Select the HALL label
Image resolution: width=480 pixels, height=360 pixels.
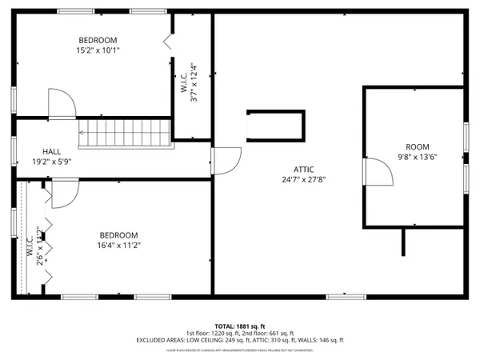(52, 150)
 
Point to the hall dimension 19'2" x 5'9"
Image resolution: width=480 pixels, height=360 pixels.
(52, 161)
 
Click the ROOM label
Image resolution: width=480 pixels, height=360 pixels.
(417, 147)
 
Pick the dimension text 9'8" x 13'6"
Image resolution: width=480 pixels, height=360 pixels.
(417, 158)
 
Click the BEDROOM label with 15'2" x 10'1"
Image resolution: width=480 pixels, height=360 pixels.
(98, 40)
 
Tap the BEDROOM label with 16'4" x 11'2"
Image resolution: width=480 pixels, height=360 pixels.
(118, 234)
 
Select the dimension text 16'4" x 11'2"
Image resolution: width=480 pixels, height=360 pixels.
(118, 245)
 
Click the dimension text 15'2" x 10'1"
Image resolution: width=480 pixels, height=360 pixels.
(98, 50)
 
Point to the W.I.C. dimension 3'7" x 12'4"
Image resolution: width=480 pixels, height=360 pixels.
(193, 83)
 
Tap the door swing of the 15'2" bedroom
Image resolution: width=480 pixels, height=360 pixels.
(62, 102)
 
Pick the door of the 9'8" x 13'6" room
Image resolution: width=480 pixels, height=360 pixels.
(372, 170)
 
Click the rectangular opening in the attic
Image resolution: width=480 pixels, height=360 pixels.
(274, 125)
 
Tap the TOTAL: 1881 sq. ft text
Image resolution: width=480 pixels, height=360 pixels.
(239, 326)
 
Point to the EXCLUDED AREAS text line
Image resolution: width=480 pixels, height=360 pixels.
(239, 341)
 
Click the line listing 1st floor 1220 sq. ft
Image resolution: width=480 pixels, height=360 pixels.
(239, 334)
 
